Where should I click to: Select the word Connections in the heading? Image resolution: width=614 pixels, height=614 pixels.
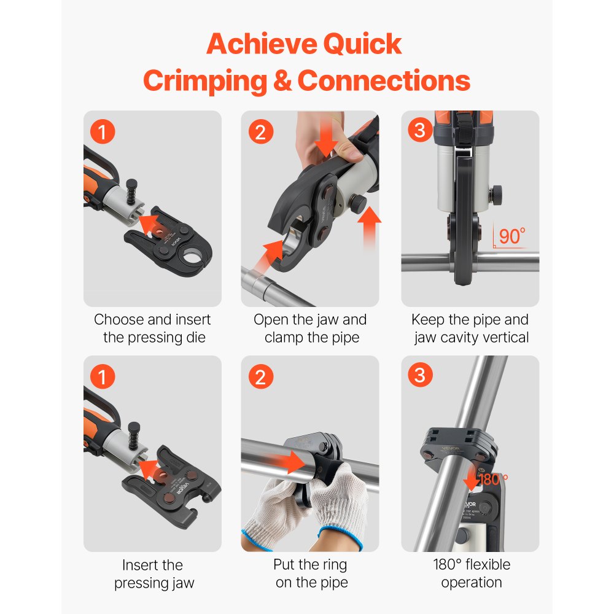(384, 81)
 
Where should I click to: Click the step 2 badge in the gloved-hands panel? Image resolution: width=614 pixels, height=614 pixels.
(260, 377)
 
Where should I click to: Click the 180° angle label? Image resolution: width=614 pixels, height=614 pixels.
(494, 478)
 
